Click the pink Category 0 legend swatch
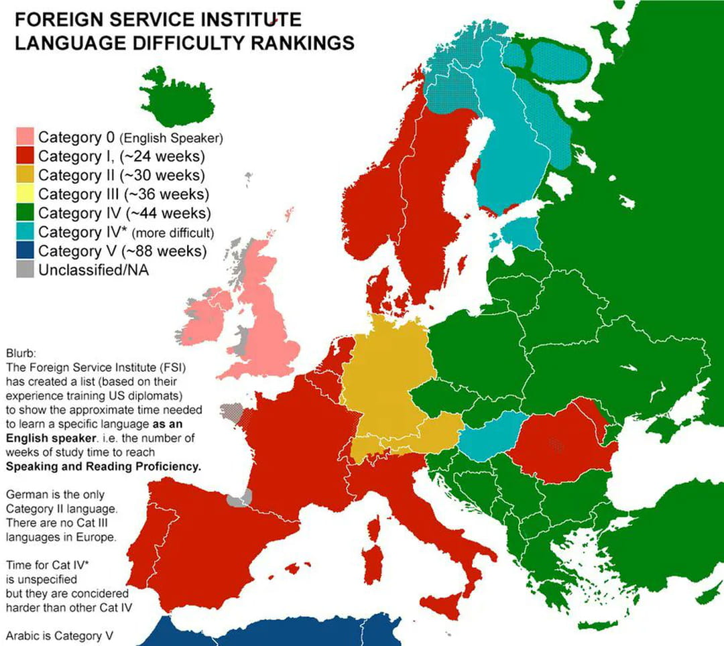pyautogui.click(x=25, y=137)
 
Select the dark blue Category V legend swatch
pyautogui.click(x=25, y=251)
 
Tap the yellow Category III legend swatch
pyautogui.click(x=25, y=194)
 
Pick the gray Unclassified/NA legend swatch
pyautogui.click(x=25, y=270)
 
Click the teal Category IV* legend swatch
pyautogui.click(x=25, y=233)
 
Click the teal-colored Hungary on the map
pyautogui.click(x=488, y=436)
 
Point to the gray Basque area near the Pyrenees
pyautogui.click(x=239, y=498)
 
